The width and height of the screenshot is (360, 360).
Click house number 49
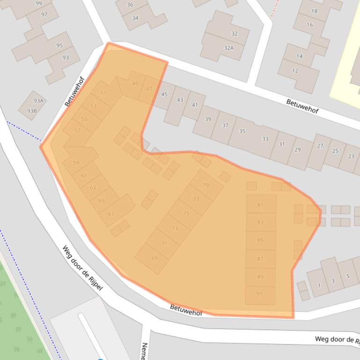coord(135,84)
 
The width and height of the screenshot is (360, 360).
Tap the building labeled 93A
coord(38,101)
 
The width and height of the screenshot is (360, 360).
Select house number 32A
coord(228,48)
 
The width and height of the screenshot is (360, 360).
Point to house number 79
coord(206,186)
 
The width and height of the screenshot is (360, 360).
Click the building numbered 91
coord(259,294)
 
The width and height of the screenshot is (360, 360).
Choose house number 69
coord(154,258)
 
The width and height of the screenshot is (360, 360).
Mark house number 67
coord(111,214)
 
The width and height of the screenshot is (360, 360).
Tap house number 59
coord(76,163)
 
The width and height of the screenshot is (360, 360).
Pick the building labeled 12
coord(295,71)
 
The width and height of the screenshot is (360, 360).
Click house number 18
coord(314,11)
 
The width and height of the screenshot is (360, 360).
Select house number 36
coord(130,5)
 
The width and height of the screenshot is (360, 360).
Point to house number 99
coord(38,4)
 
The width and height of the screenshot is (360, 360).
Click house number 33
coord(265,139)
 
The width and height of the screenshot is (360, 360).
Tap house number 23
coord(351,156)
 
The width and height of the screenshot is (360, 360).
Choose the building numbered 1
coord(319,285)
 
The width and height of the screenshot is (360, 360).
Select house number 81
coord(260,205)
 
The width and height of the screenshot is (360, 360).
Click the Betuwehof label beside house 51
coord(74,92)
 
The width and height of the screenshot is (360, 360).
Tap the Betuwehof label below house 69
coord(185,310)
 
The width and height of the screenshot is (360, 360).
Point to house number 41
coord(195,105)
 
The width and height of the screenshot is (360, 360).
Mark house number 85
coord(260,240)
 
